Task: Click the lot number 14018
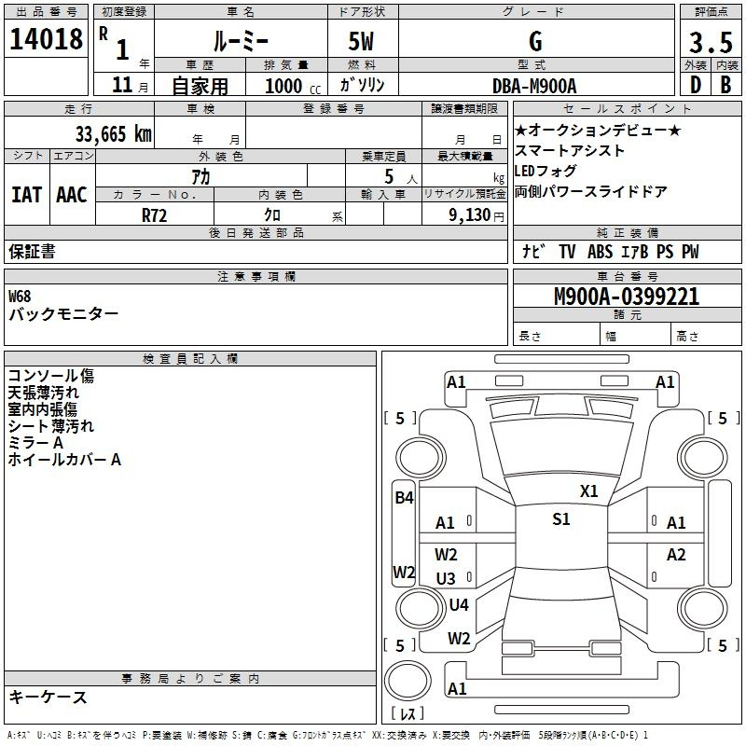46,39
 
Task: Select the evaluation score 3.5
711,42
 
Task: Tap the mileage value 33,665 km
113,133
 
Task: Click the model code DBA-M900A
534,86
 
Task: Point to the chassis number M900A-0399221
627,297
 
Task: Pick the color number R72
154,215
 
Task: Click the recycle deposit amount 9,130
470,215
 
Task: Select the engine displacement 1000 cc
293,86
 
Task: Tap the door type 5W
361,41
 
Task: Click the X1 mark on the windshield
588,491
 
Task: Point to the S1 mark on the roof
561,519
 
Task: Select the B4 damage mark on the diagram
404,498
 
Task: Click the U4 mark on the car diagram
459,604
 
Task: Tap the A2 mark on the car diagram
675,554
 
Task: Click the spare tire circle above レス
408,680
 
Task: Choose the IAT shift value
26,195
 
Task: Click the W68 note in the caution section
20,297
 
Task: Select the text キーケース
48,698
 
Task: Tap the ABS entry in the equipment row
600,252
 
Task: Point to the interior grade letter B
725,85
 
